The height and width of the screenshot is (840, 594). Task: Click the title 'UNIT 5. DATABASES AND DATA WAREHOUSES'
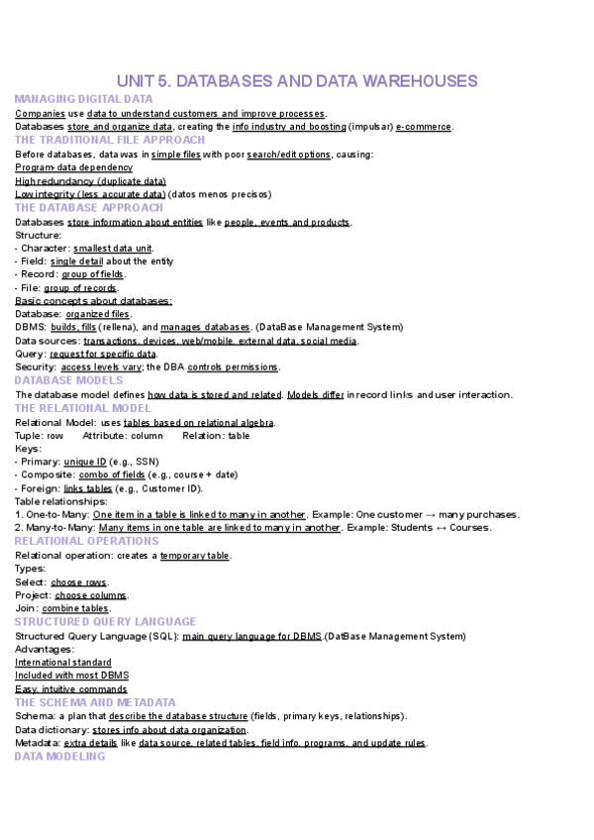[x=297, y=80]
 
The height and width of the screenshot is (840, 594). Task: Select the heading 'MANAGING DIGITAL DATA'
[x=84, y=99]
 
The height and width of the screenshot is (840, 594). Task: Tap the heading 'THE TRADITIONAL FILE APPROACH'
[x=110, y=140]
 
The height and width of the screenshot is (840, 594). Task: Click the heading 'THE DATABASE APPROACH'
[x=89, y=208]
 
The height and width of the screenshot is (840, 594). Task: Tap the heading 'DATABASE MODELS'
[x=69, y=380]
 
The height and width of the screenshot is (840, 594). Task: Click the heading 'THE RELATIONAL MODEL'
[x=83, y=408]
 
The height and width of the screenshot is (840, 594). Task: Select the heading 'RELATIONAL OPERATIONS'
[x=87, y=541]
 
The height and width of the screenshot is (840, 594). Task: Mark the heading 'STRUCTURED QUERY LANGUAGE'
[x=105, y=621]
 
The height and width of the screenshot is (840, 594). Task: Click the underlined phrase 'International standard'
[x=62, y=662]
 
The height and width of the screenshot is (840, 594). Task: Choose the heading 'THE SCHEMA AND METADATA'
[x=95, y=701]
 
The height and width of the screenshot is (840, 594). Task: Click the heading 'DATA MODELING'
[x=59, y=756]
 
